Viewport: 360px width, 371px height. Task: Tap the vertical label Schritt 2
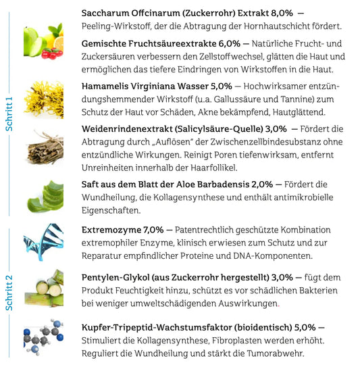pos(9,292)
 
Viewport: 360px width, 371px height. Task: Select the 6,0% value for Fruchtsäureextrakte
pos(220,44)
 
